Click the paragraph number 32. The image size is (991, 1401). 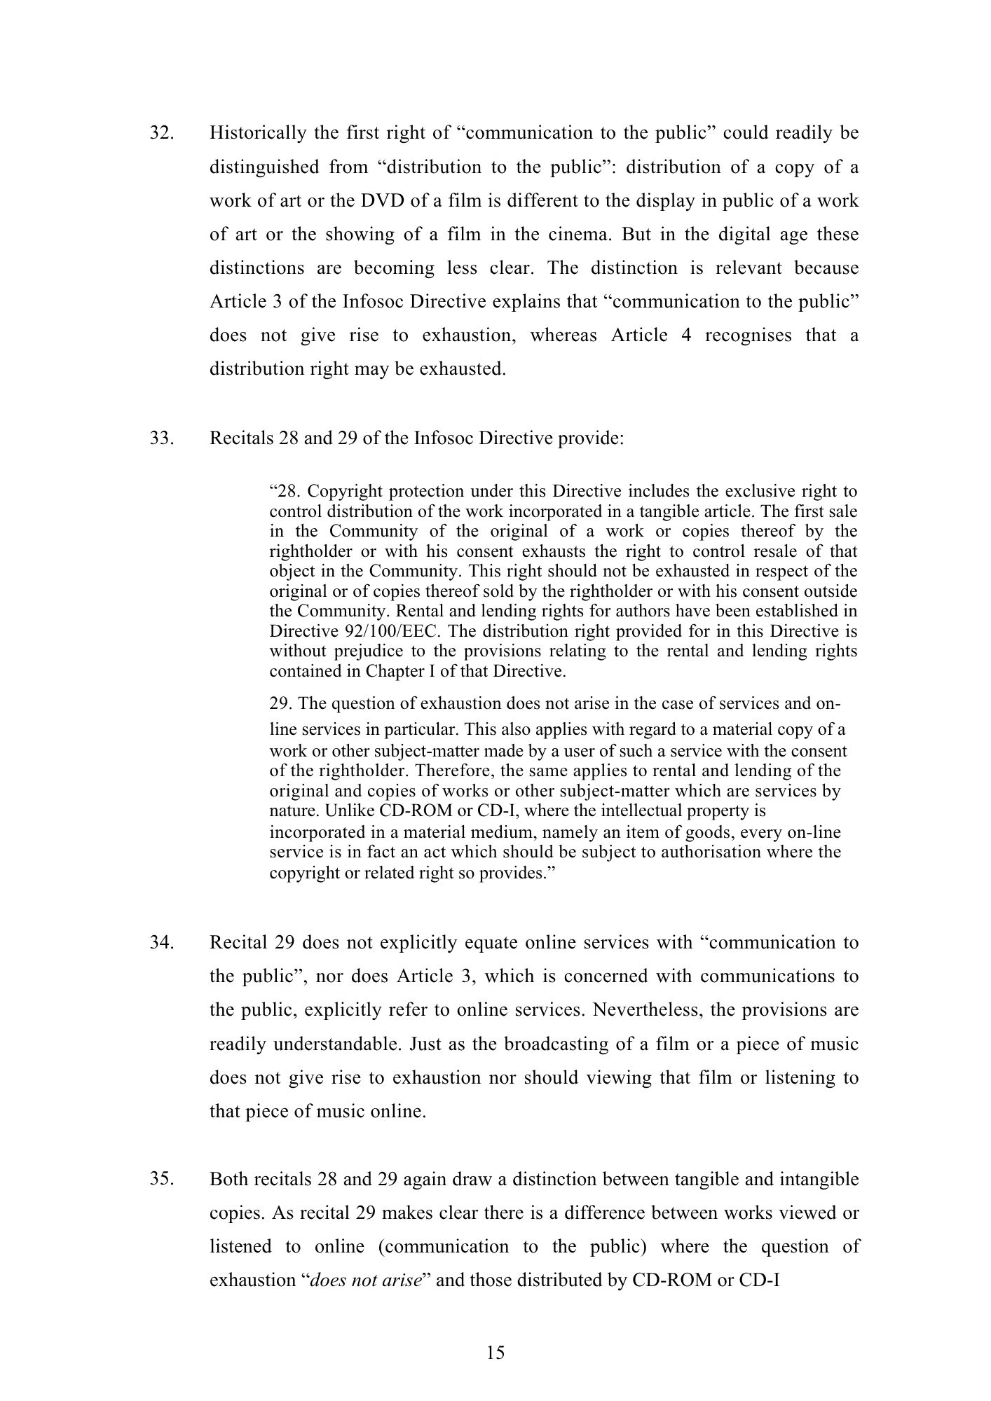click(161, 133)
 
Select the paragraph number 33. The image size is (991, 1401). click(161, 439)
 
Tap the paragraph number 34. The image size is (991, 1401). click(161, 943)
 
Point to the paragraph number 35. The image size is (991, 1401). click(161, 1179)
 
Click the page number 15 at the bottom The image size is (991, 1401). click(495, 1353)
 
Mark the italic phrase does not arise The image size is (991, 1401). click(365, 1281)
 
